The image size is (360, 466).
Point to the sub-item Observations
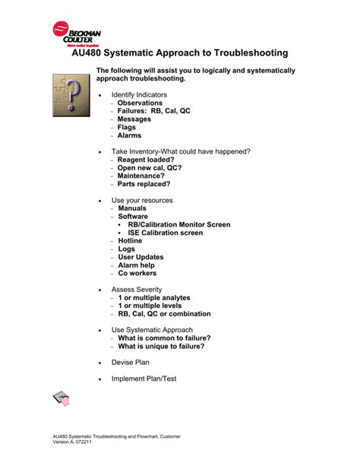coord(140,103)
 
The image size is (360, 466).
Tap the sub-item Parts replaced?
coord(144,184)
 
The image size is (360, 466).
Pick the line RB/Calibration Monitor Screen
coord(178,225)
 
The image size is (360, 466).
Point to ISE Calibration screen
coord(165,233)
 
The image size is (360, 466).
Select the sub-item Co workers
coord(137,273)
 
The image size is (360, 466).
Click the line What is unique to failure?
coord(161,346)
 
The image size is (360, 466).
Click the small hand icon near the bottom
coord(62,399)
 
